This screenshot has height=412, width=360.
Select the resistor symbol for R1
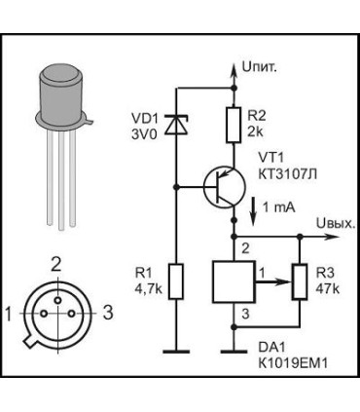point(175,282)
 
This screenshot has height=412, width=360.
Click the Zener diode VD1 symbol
point(175,125)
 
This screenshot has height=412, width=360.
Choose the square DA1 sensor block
point(233,281)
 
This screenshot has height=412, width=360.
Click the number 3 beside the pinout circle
point(108,313)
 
